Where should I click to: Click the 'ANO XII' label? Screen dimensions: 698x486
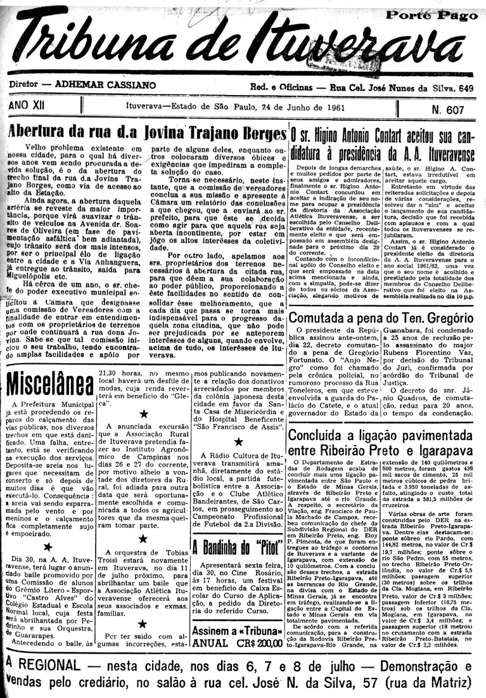coord(31,103)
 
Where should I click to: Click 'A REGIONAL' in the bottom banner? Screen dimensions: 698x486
coord(44,665)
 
